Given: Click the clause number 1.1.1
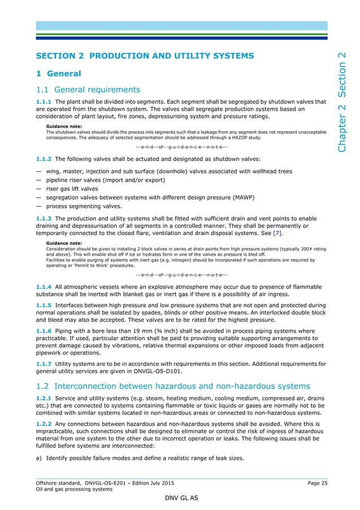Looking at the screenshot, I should coord(43,102).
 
